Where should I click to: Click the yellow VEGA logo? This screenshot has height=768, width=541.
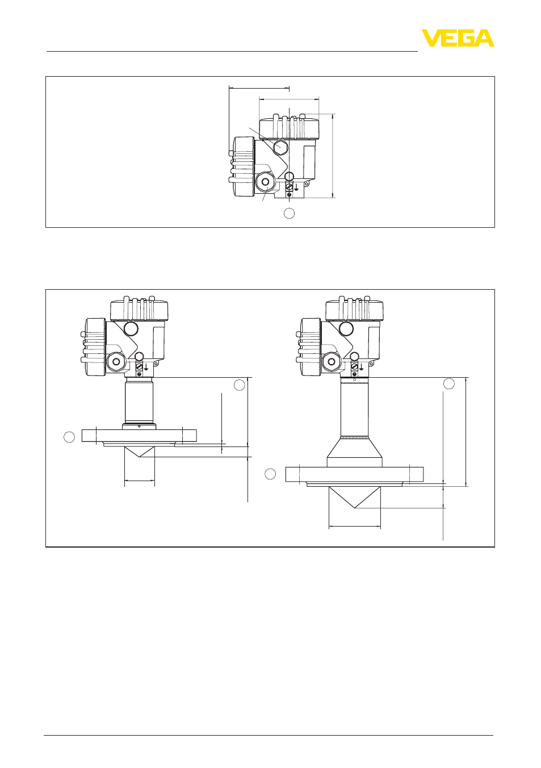pyautogui.click(x=458, y=38)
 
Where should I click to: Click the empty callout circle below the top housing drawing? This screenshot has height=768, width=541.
pyautogui.click(x=289, y=213)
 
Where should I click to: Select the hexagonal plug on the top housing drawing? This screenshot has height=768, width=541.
pyautogui.click(x=280, y=147)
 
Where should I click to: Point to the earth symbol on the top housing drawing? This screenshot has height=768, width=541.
pyautogui.click(x=296, y=187)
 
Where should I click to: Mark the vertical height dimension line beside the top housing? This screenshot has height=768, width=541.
pyautogui.click(x=332, y=156)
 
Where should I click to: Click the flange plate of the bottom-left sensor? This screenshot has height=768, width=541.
pyautogui.click(x=139, y=436)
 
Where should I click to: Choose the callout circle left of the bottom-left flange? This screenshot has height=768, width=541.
pyautogui.click(x=69, y=437)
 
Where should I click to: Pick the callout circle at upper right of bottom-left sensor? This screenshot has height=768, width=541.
pyautogui.click(x=240, y=385)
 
